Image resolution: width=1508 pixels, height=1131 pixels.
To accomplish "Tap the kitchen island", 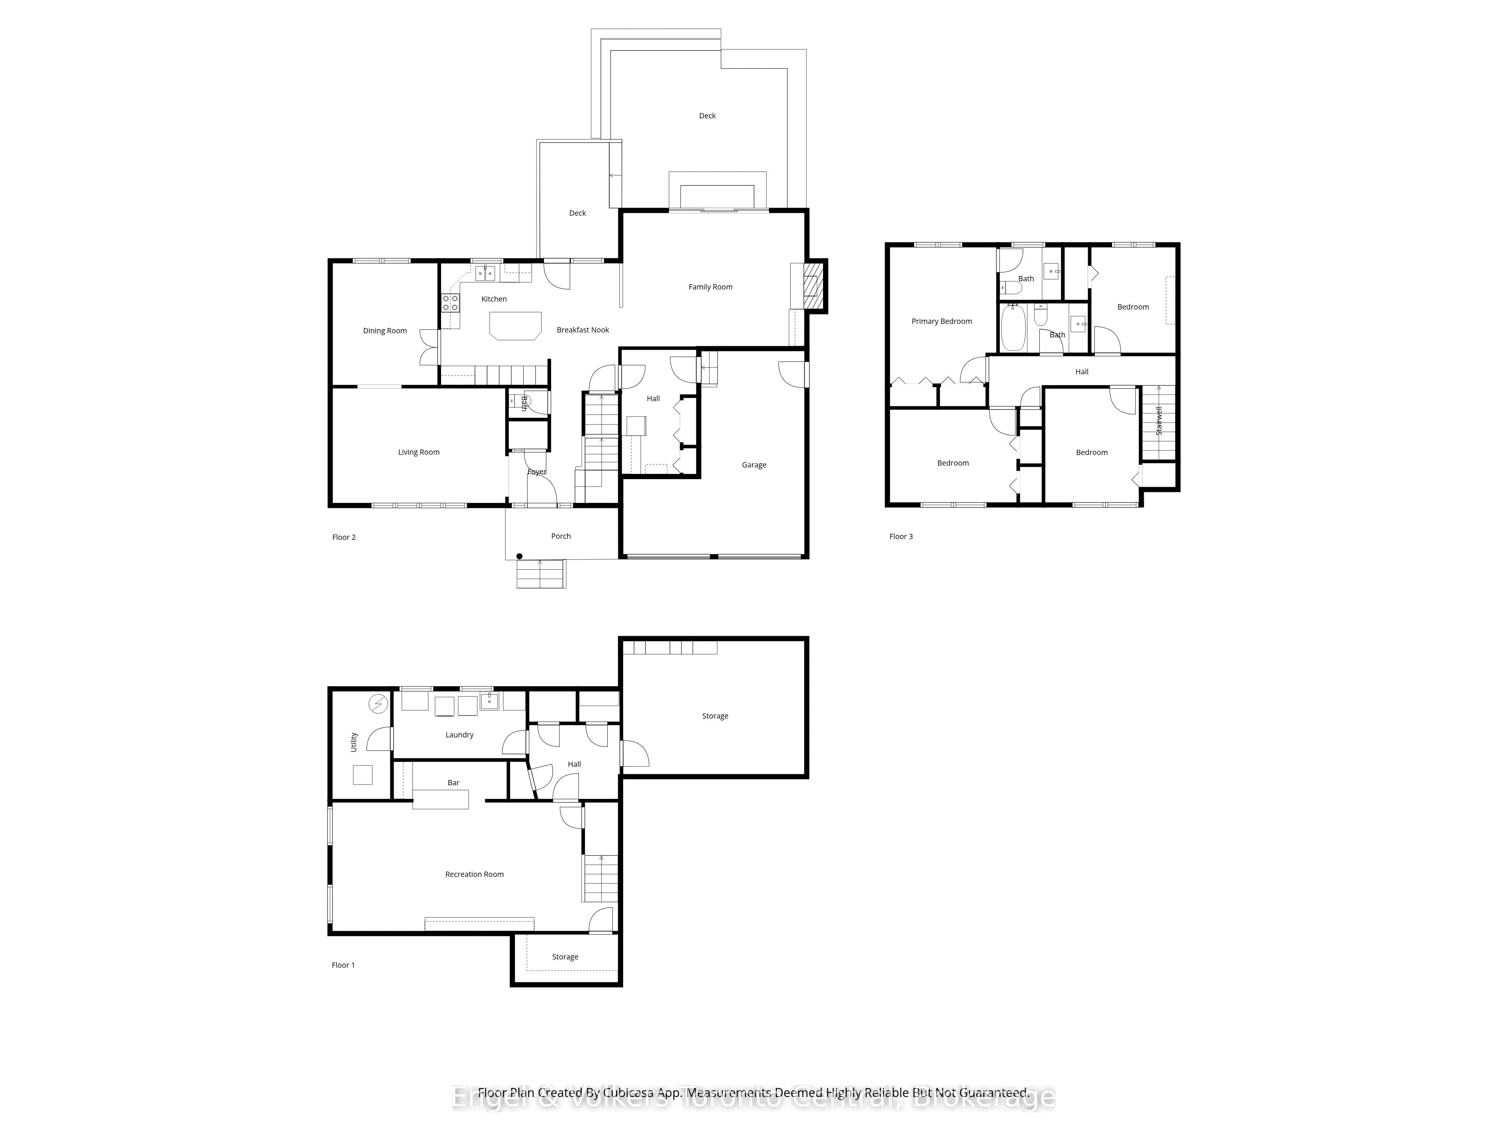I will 515,325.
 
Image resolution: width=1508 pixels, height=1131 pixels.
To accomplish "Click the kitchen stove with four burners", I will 450,303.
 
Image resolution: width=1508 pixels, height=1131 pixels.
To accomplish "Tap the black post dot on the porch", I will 520,556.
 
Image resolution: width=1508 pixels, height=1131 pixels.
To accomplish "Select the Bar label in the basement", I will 454,783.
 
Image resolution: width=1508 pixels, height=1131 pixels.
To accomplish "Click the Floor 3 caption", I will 901,536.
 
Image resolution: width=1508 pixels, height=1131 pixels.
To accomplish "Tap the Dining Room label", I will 385,331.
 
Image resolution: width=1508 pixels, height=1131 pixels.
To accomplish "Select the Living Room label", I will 418,452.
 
